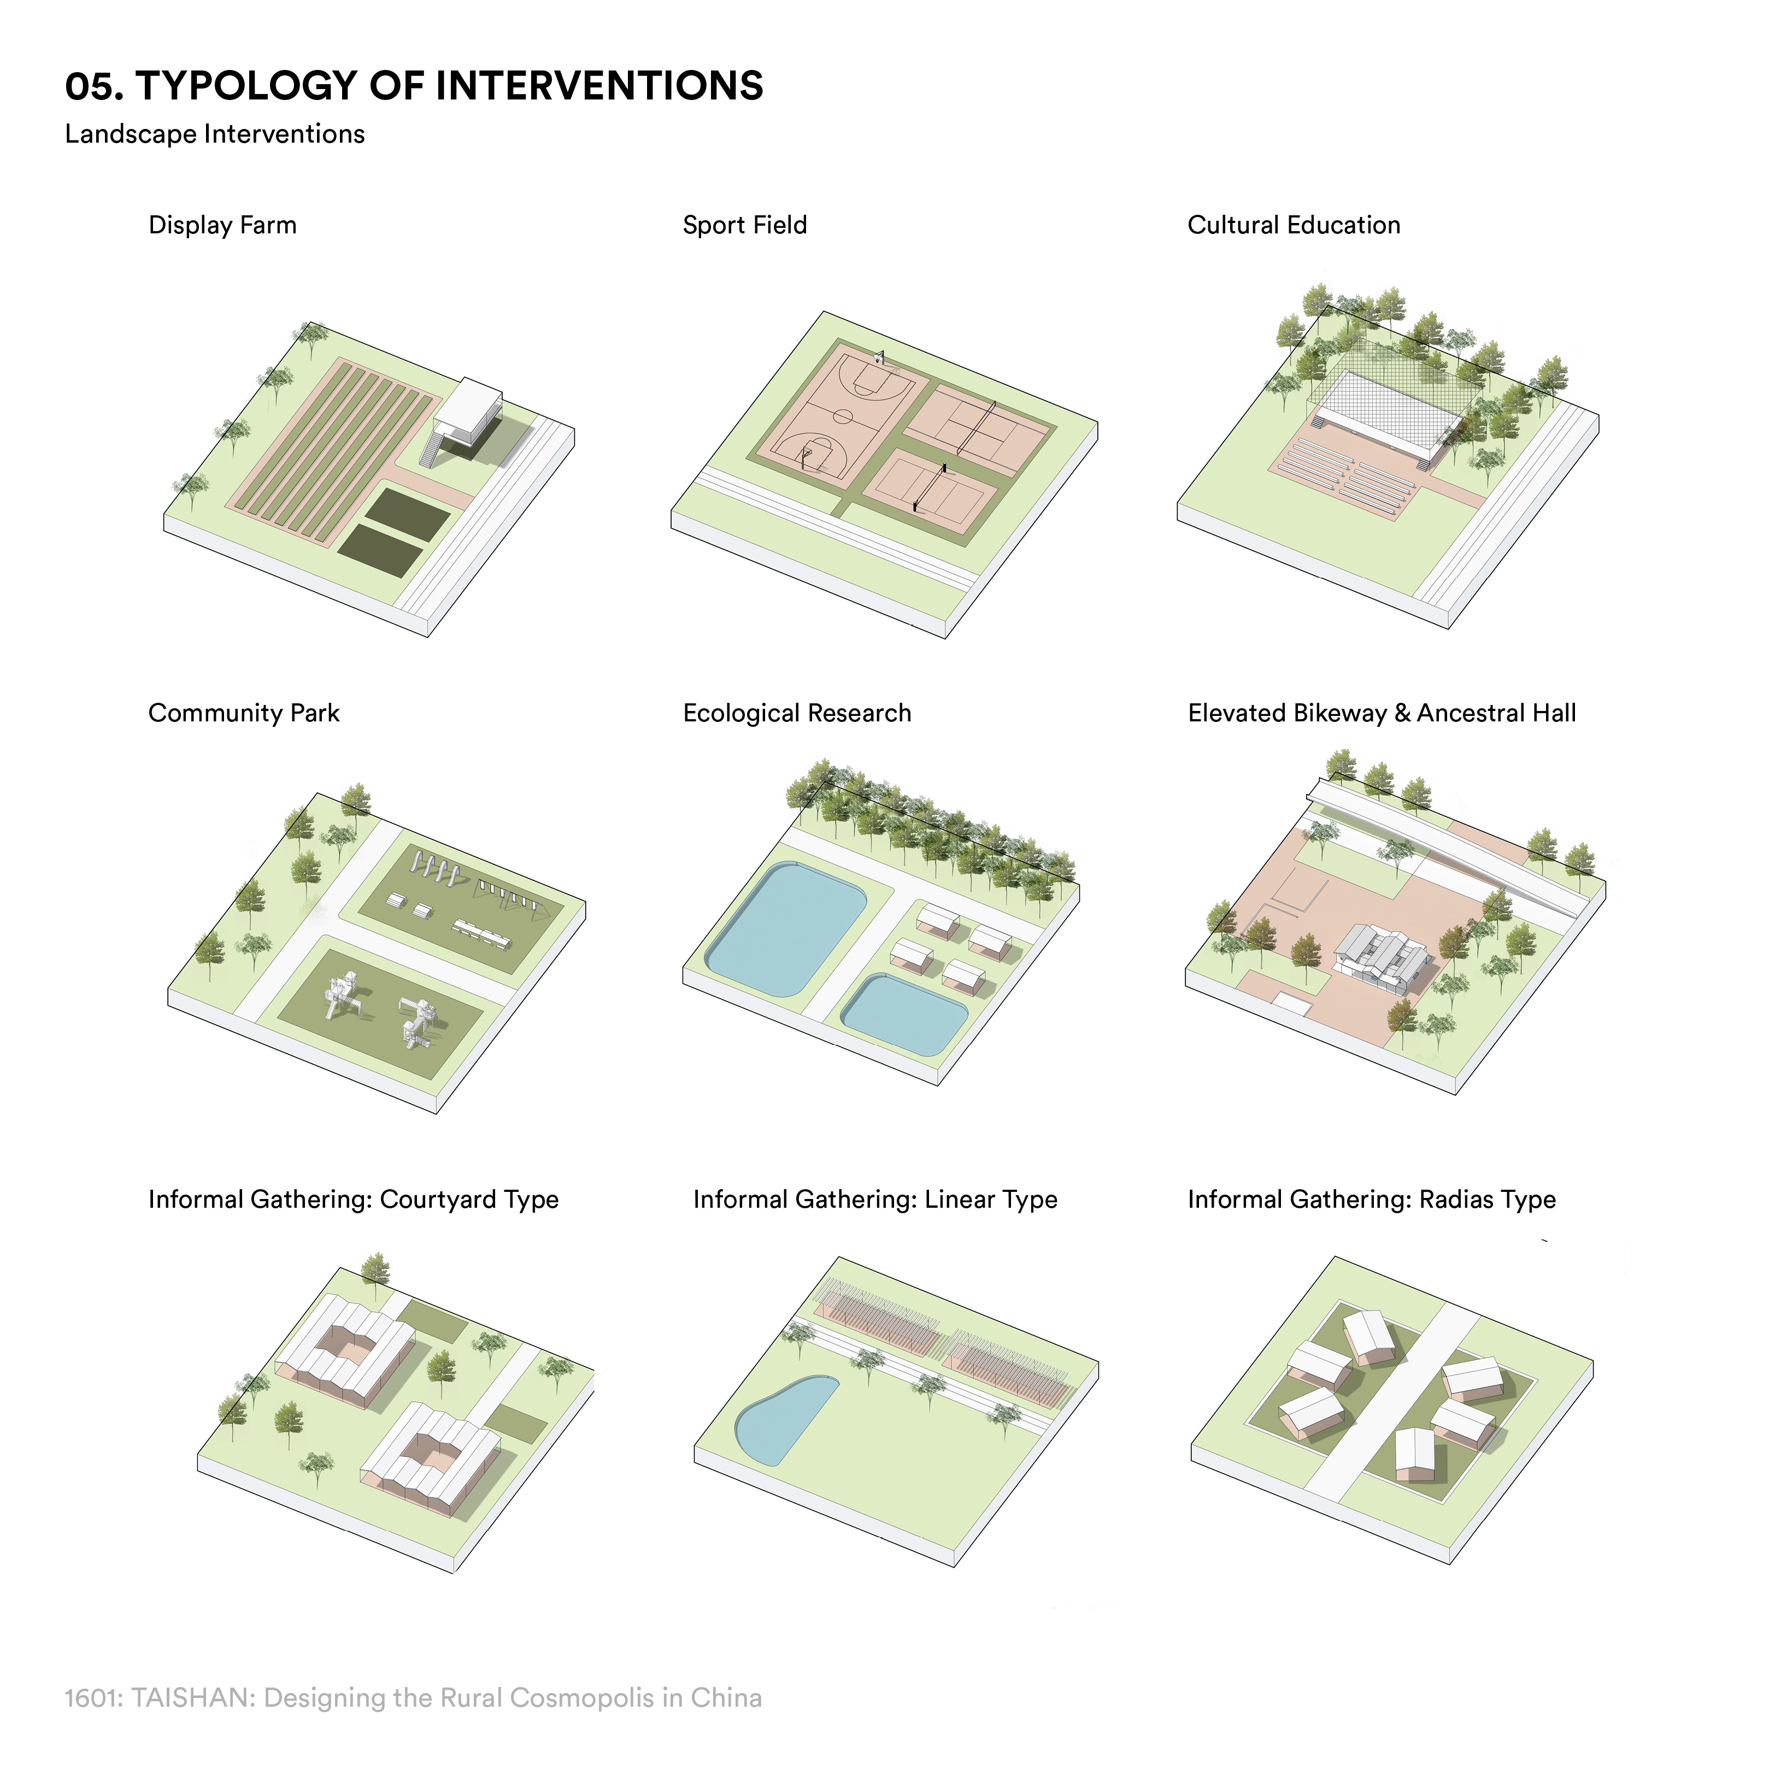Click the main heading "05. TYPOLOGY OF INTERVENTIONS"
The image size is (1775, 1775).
414,86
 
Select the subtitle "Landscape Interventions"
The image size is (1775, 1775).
215,134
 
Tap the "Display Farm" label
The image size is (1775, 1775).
222,225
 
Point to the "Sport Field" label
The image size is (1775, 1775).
744,225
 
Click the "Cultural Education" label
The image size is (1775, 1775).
1294,225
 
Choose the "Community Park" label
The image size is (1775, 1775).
244,713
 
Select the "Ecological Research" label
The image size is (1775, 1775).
797,713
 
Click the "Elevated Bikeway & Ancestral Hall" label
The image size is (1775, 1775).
1382,713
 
